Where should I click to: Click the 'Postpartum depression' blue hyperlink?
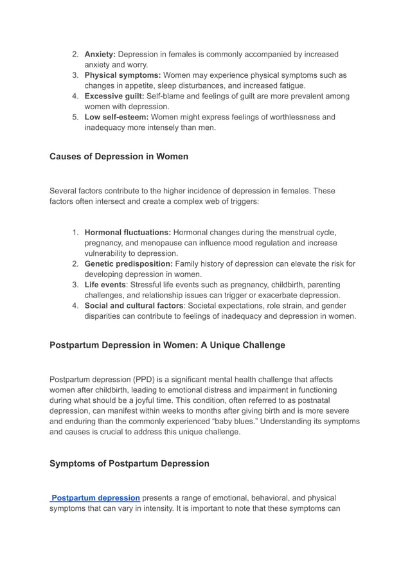[96, 497]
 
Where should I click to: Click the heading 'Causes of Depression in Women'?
[119, 156]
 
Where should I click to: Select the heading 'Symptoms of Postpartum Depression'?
[129, 463]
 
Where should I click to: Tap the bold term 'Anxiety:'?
[100, 54]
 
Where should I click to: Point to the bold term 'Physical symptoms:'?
[123, 75]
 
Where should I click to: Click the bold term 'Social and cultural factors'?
[134, 305]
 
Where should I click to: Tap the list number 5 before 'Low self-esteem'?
[75, 117]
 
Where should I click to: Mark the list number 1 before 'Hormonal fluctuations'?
[75, 232]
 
